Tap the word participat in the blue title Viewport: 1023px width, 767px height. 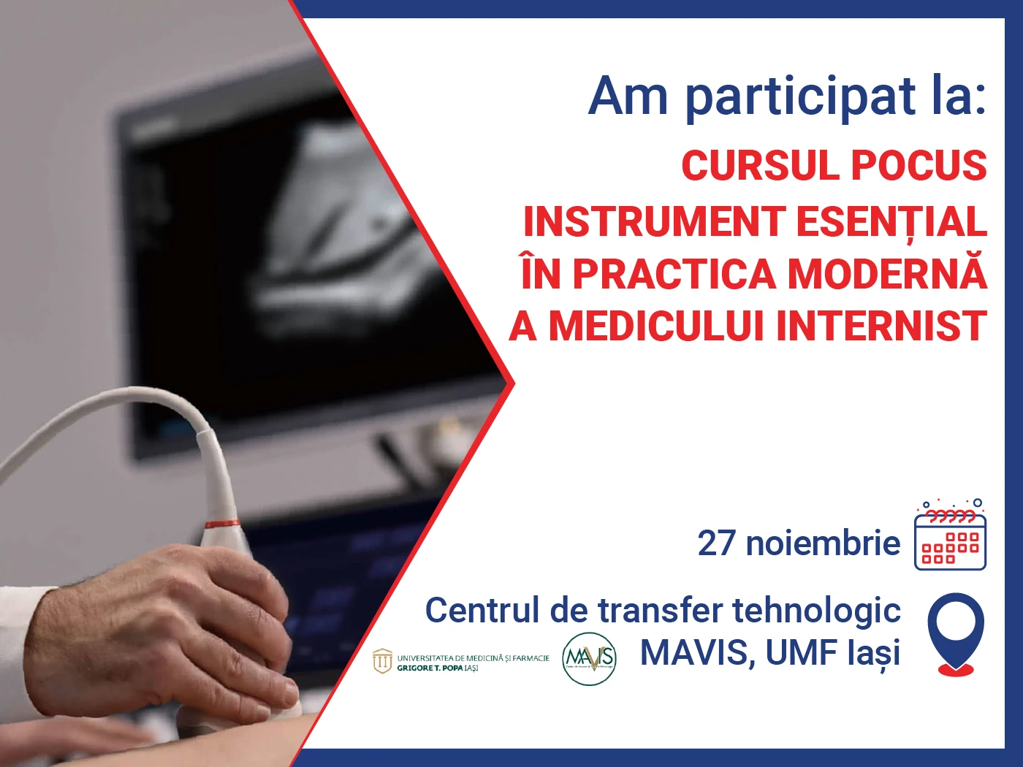[800, 97]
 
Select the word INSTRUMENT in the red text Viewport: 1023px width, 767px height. [654, 221]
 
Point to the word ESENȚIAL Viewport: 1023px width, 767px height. [891, 221]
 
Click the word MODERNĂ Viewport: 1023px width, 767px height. [887, 274]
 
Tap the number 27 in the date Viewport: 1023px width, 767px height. [717, 543]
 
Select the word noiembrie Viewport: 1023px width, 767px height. [823, 543]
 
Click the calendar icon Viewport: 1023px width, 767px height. [950, 536]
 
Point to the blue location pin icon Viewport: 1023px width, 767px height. [956, 633]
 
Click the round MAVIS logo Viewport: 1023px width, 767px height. [589, 659]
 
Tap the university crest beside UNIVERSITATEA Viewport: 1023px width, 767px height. [382, 662]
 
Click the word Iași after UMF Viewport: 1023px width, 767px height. [873, 654]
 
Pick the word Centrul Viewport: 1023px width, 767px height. [482, 611]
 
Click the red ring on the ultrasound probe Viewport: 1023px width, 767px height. [221, 524]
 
